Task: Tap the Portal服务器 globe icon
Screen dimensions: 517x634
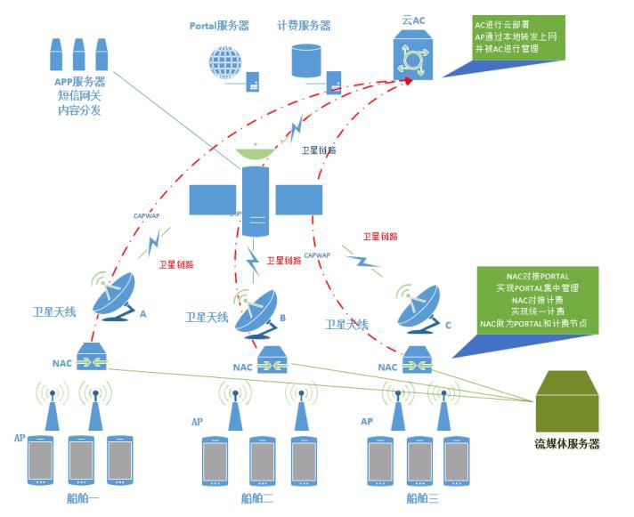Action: [225, 64]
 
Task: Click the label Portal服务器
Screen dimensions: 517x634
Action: [220, 26]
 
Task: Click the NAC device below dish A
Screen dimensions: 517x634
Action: [92, 359]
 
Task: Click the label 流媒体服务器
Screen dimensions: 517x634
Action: [566, 443]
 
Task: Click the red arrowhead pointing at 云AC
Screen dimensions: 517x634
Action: [409, 81]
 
